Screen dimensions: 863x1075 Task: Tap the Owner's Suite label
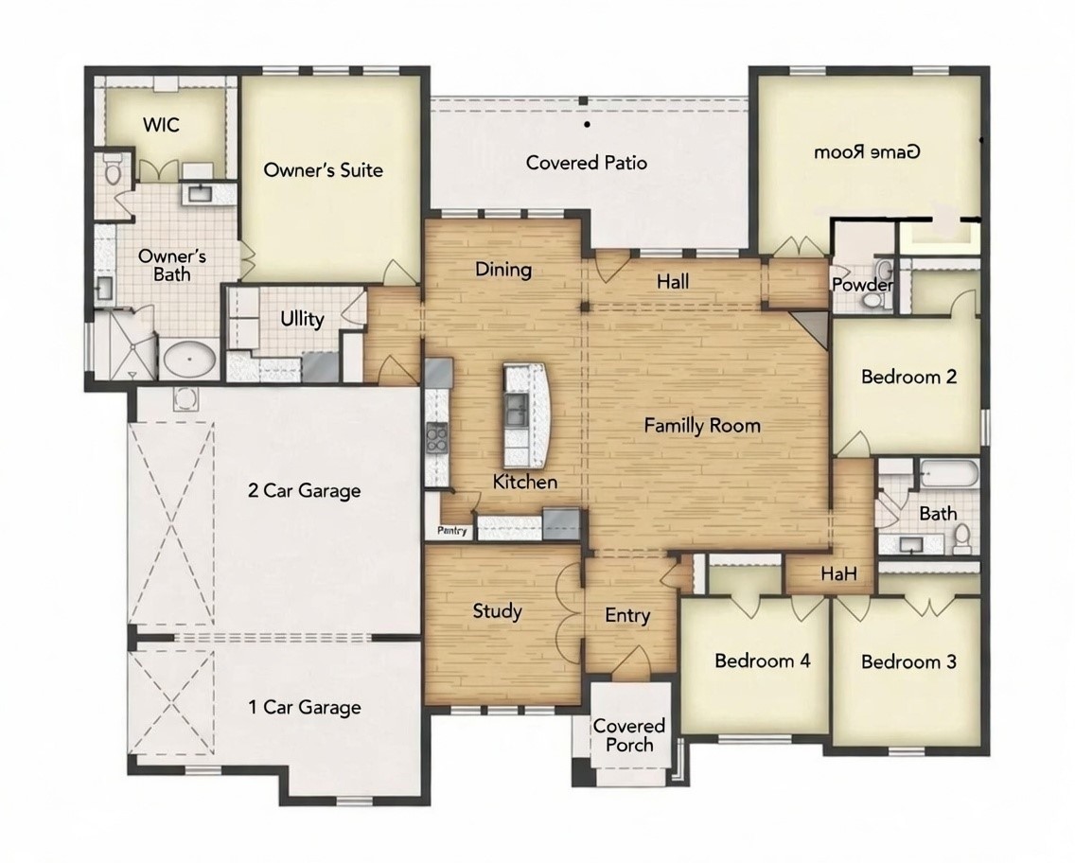click(323, 170)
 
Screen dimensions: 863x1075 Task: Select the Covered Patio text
click(587, 163)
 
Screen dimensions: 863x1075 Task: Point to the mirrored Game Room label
click(868, 151)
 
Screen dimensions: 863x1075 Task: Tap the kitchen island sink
click(517, 409)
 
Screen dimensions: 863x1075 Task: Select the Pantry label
click(452, 532)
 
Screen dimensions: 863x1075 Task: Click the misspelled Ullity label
click(302, 319)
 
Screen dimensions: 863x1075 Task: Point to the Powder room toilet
click(873, 300)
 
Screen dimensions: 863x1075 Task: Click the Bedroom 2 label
click(908, 377)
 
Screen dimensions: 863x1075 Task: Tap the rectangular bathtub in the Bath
click(947, 474)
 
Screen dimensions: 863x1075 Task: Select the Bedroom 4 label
click(762, 660)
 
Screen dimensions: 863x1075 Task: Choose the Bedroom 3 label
click(908, 661)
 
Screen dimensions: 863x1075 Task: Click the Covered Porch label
click(629, 735)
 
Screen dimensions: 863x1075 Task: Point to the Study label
click(497, 611)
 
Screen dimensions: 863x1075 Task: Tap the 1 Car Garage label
click(304, 707)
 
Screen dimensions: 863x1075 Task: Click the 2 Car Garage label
click(304, 490)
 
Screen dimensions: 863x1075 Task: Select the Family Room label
click(702, 426)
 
